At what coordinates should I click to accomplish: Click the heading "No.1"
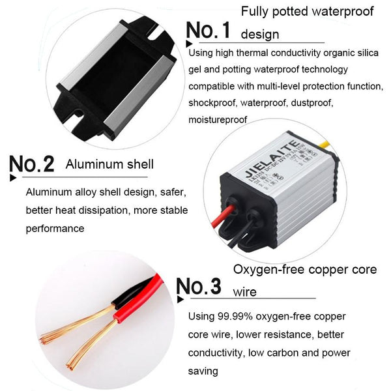coord(208,30)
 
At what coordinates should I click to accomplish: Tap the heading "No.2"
coord(32,164)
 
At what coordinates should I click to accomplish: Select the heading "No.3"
coord(199,286)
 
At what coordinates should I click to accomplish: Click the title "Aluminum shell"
coord(109,164)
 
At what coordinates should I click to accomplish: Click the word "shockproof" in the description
coord(212,103)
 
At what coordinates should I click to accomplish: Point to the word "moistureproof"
coord(218,120)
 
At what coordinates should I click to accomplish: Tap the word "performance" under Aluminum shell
coord(55,229)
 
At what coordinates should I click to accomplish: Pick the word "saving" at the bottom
coord(203,371)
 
